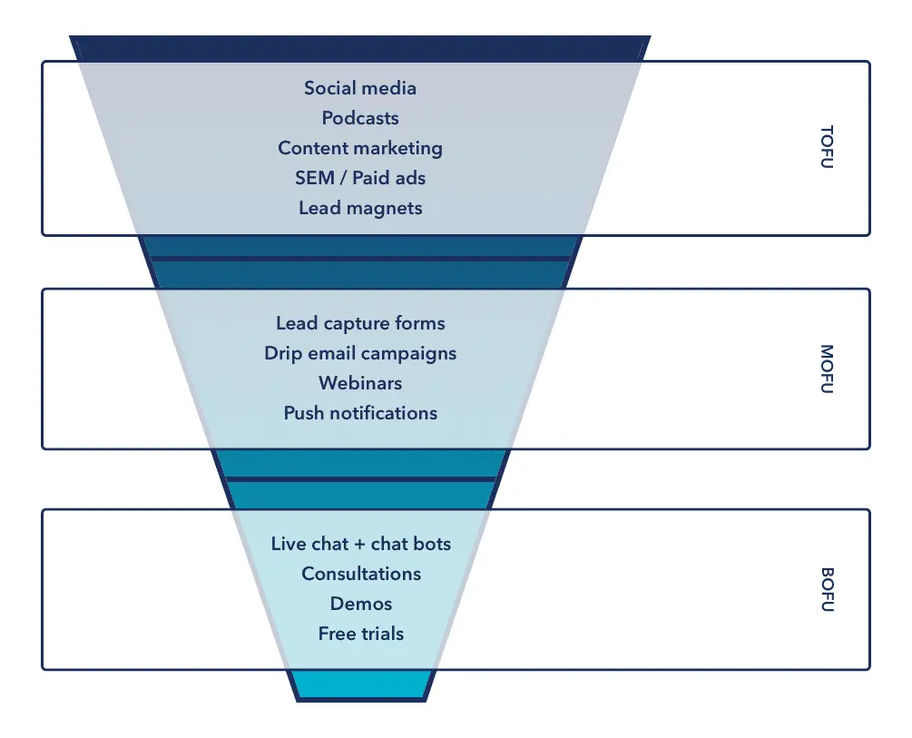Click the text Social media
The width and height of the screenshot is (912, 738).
[360, 88]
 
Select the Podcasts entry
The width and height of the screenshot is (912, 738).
[360, 118]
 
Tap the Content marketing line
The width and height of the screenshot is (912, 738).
[360, 148]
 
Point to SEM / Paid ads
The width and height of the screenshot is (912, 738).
[360, 178]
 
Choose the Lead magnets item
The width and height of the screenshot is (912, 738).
[360, 208]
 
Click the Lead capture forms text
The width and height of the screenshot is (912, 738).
[360, 323]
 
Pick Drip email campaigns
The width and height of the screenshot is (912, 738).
[360, 353]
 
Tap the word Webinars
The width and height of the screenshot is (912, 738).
[360, 383]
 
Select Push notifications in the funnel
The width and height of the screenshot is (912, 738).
[360, 413]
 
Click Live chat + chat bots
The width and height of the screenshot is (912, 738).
[360, 545]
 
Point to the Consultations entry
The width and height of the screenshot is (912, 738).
[361, 574]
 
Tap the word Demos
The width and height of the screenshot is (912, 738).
[361, 604]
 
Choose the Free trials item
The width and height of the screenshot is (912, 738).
[361, 634]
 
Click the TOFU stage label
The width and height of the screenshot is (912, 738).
[826, 149]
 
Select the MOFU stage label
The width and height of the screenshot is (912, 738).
[826, 369]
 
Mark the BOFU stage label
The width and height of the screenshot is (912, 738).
[826, 589]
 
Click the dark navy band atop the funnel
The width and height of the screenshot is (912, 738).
[360, 48]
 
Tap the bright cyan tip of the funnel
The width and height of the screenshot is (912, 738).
[360, 685]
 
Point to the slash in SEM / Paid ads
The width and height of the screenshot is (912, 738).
[342, 178]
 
